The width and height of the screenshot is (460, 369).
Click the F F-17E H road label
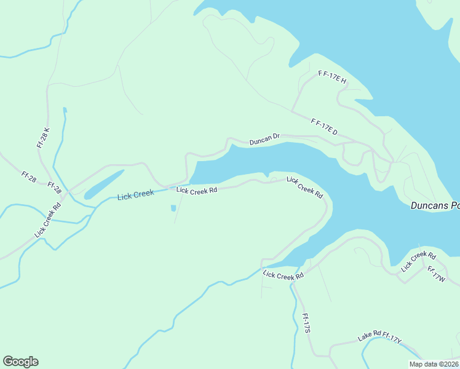[x=333, y=77]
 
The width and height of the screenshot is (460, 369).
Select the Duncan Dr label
[x=264, y=140]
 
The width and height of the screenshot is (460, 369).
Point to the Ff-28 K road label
[x=43, y=138]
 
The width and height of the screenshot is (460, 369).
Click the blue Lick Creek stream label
[x=135, y=195]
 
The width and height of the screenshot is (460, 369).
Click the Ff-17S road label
[x=307, y=322]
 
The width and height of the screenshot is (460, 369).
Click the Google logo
[x=20, y=362]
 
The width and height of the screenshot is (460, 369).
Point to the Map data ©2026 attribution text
[x=434, y=364]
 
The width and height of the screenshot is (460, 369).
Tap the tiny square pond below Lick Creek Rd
[x=173, y=208]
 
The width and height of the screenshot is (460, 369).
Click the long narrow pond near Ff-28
[x=104, y=184]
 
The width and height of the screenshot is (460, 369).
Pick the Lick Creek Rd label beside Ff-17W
[x=418, y=261]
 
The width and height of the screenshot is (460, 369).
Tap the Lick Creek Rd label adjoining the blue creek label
[x=197, y=190]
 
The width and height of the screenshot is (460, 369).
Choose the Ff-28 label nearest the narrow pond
[x=54, y=188]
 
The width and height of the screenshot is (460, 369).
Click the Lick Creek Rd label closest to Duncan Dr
[x=304, y=187]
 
